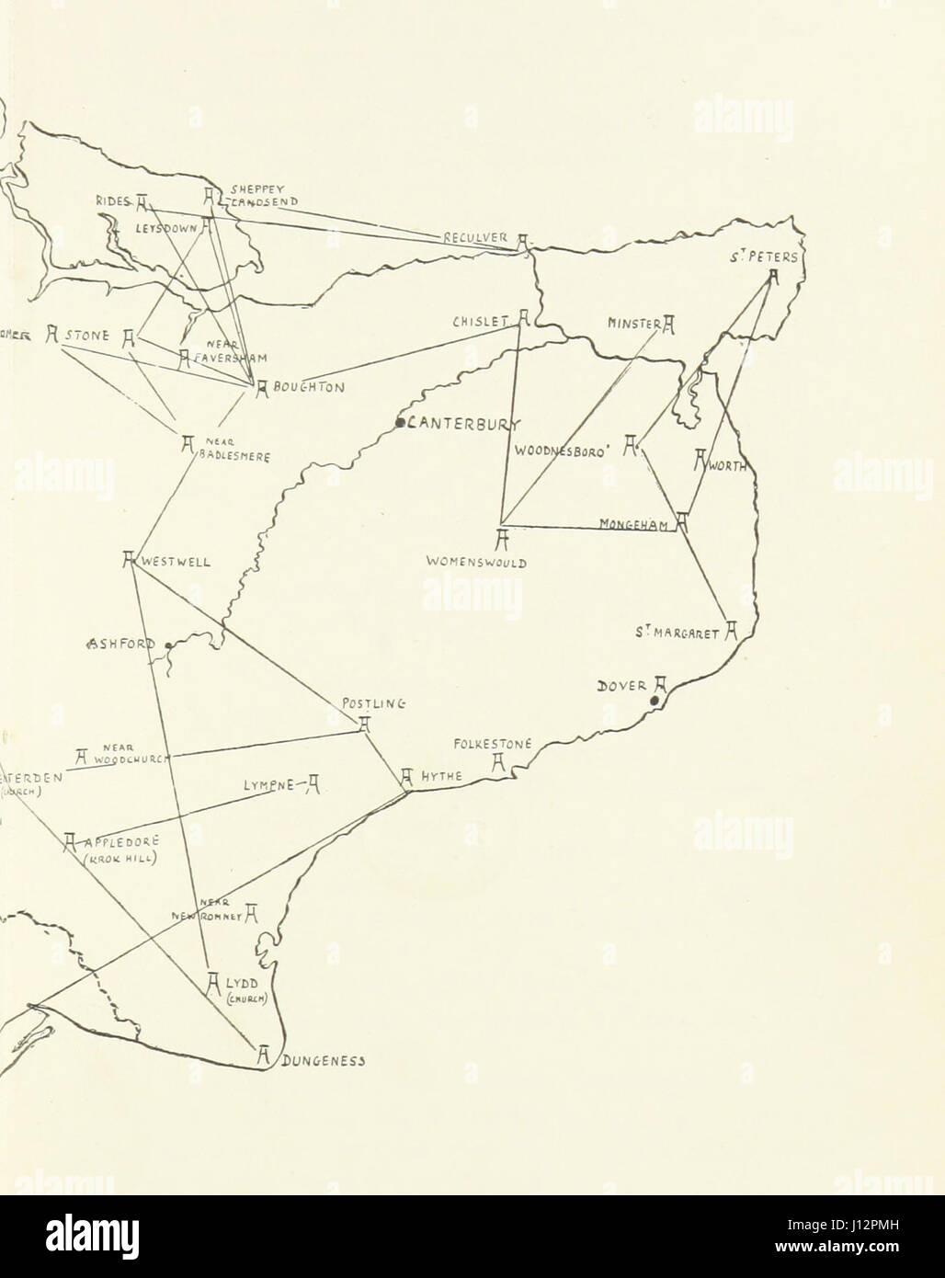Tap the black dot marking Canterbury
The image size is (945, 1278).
coord(401,423)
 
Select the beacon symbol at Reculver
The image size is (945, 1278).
coord(522,241)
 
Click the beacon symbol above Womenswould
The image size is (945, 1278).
coord(502,540)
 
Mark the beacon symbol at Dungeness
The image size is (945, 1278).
coord(263,1055)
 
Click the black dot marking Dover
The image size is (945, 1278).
coord(654,702)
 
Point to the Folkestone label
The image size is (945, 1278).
coord(493,743)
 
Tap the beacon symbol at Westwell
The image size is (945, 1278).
coord(130,558)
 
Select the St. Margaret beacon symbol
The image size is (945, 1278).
coord(732,632)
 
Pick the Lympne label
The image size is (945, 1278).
coord(268,785)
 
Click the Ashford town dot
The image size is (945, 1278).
coord(167,645)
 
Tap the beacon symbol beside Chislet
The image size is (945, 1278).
coord(522,318)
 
